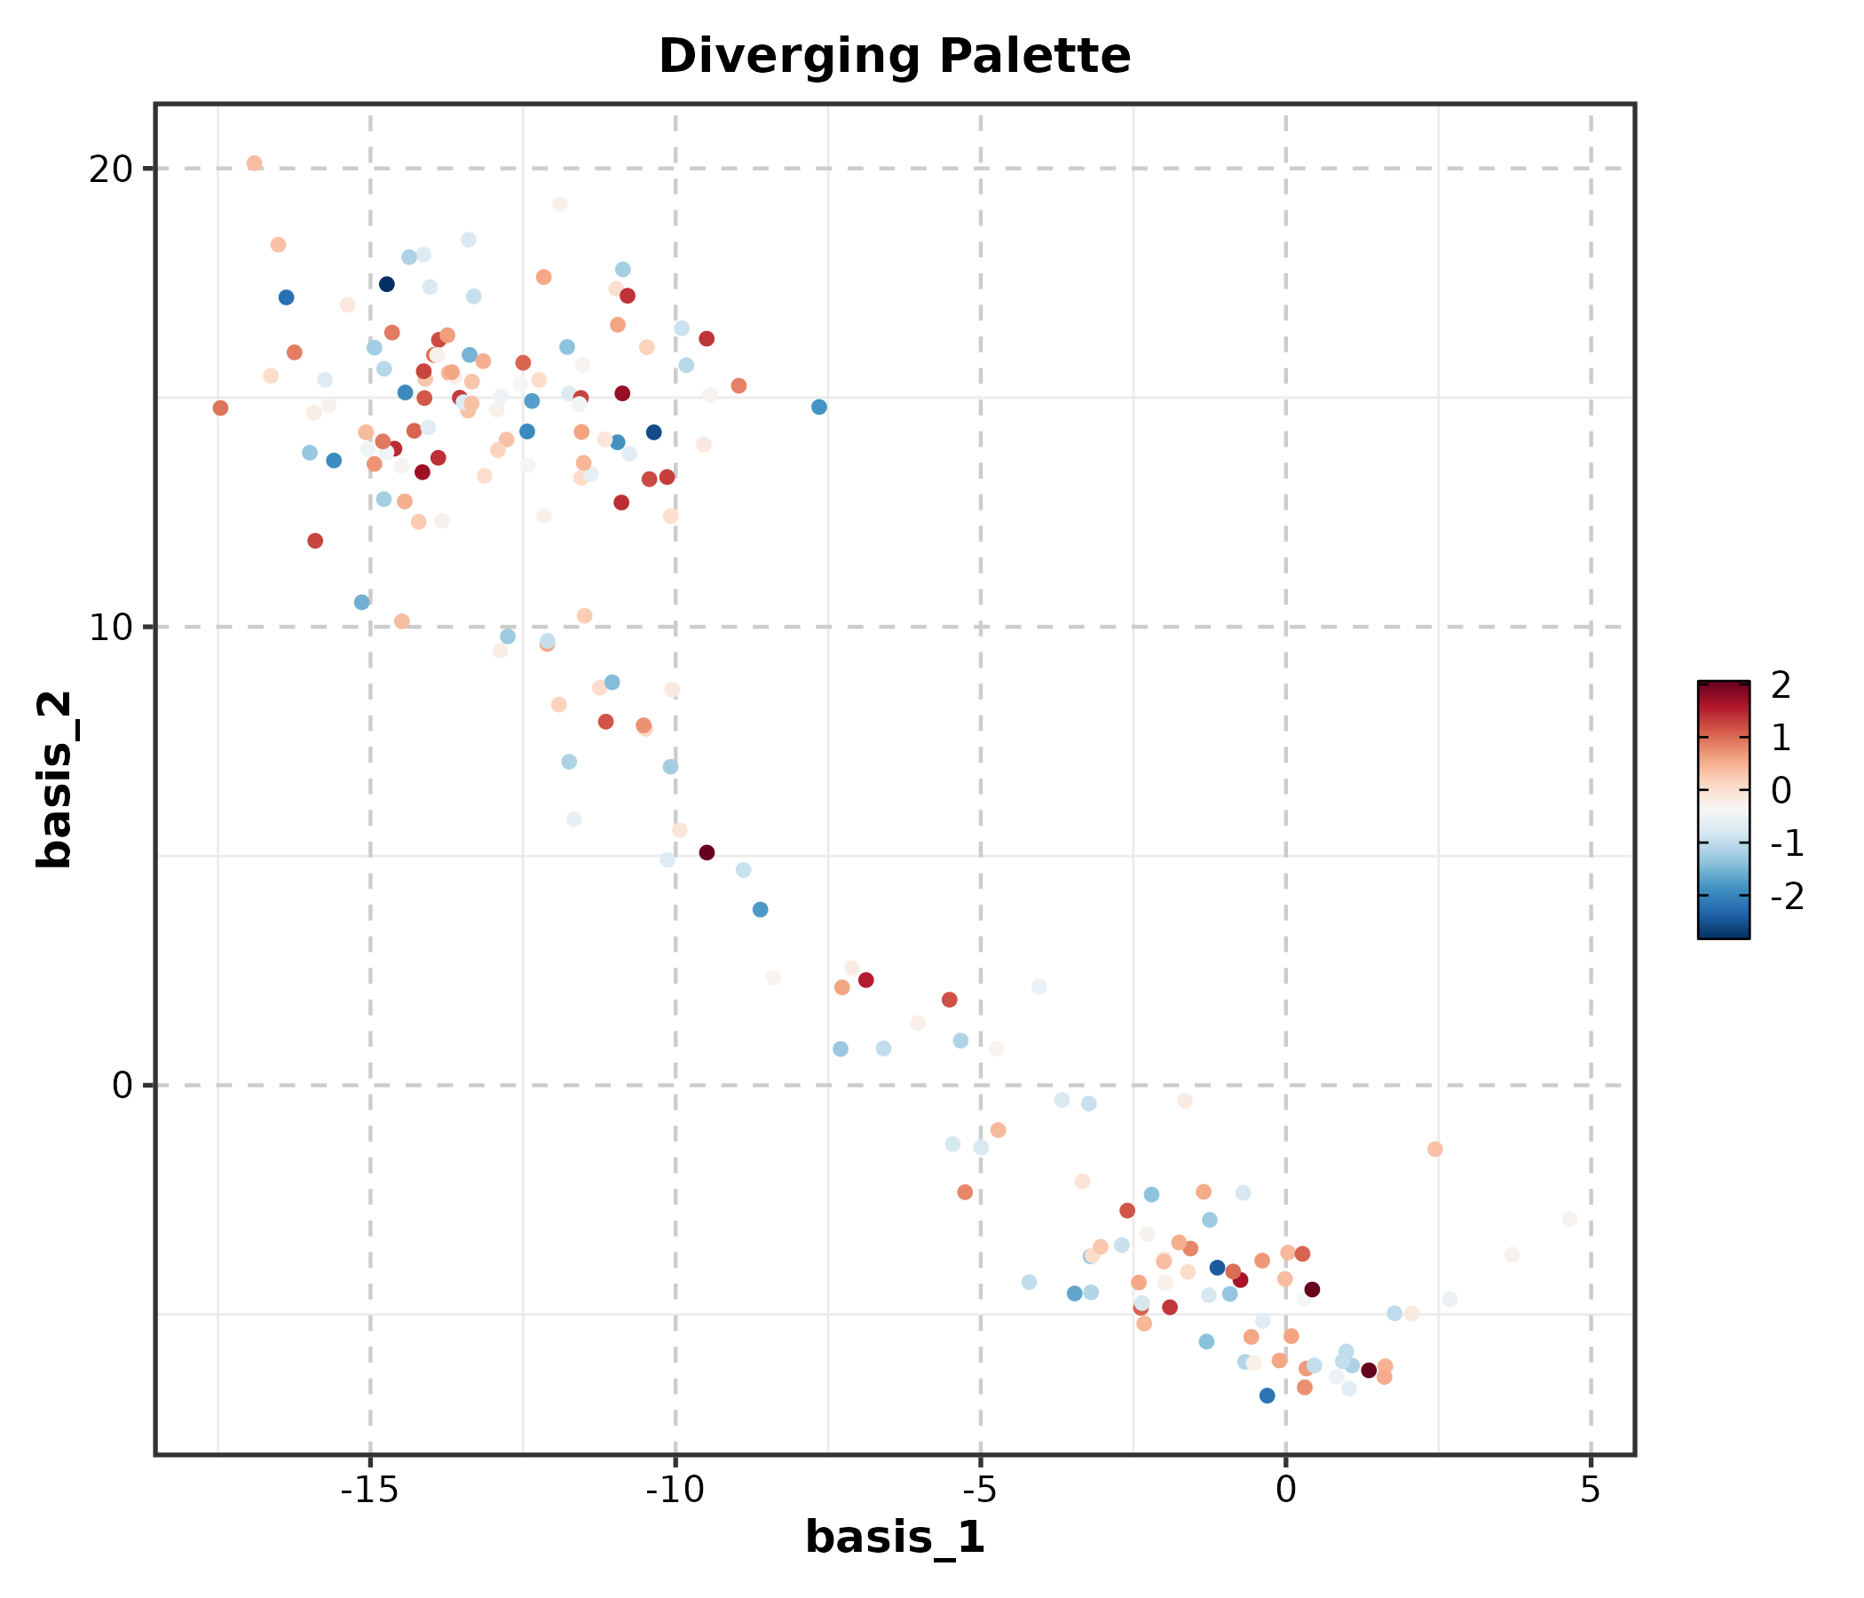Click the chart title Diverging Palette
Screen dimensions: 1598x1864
894,57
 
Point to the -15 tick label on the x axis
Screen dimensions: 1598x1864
370,1490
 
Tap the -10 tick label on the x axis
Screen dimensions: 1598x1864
675,1490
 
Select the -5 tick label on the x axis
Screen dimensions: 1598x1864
980,1490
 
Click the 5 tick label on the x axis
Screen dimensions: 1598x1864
1590,1490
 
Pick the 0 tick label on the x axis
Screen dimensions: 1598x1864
1285,1490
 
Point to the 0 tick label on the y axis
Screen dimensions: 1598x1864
122,1086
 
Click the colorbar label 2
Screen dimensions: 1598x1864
1781,685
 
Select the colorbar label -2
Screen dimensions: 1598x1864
1787,896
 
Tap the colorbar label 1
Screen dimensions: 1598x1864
1781,738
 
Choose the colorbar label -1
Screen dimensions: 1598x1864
1787,843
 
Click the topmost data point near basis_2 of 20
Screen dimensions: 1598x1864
255,163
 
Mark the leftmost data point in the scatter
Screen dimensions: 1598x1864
220,408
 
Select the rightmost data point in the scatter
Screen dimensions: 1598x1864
1570,1219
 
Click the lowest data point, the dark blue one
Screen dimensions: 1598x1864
1267,1396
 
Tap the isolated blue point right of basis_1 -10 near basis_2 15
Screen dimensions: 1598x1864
818,407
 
